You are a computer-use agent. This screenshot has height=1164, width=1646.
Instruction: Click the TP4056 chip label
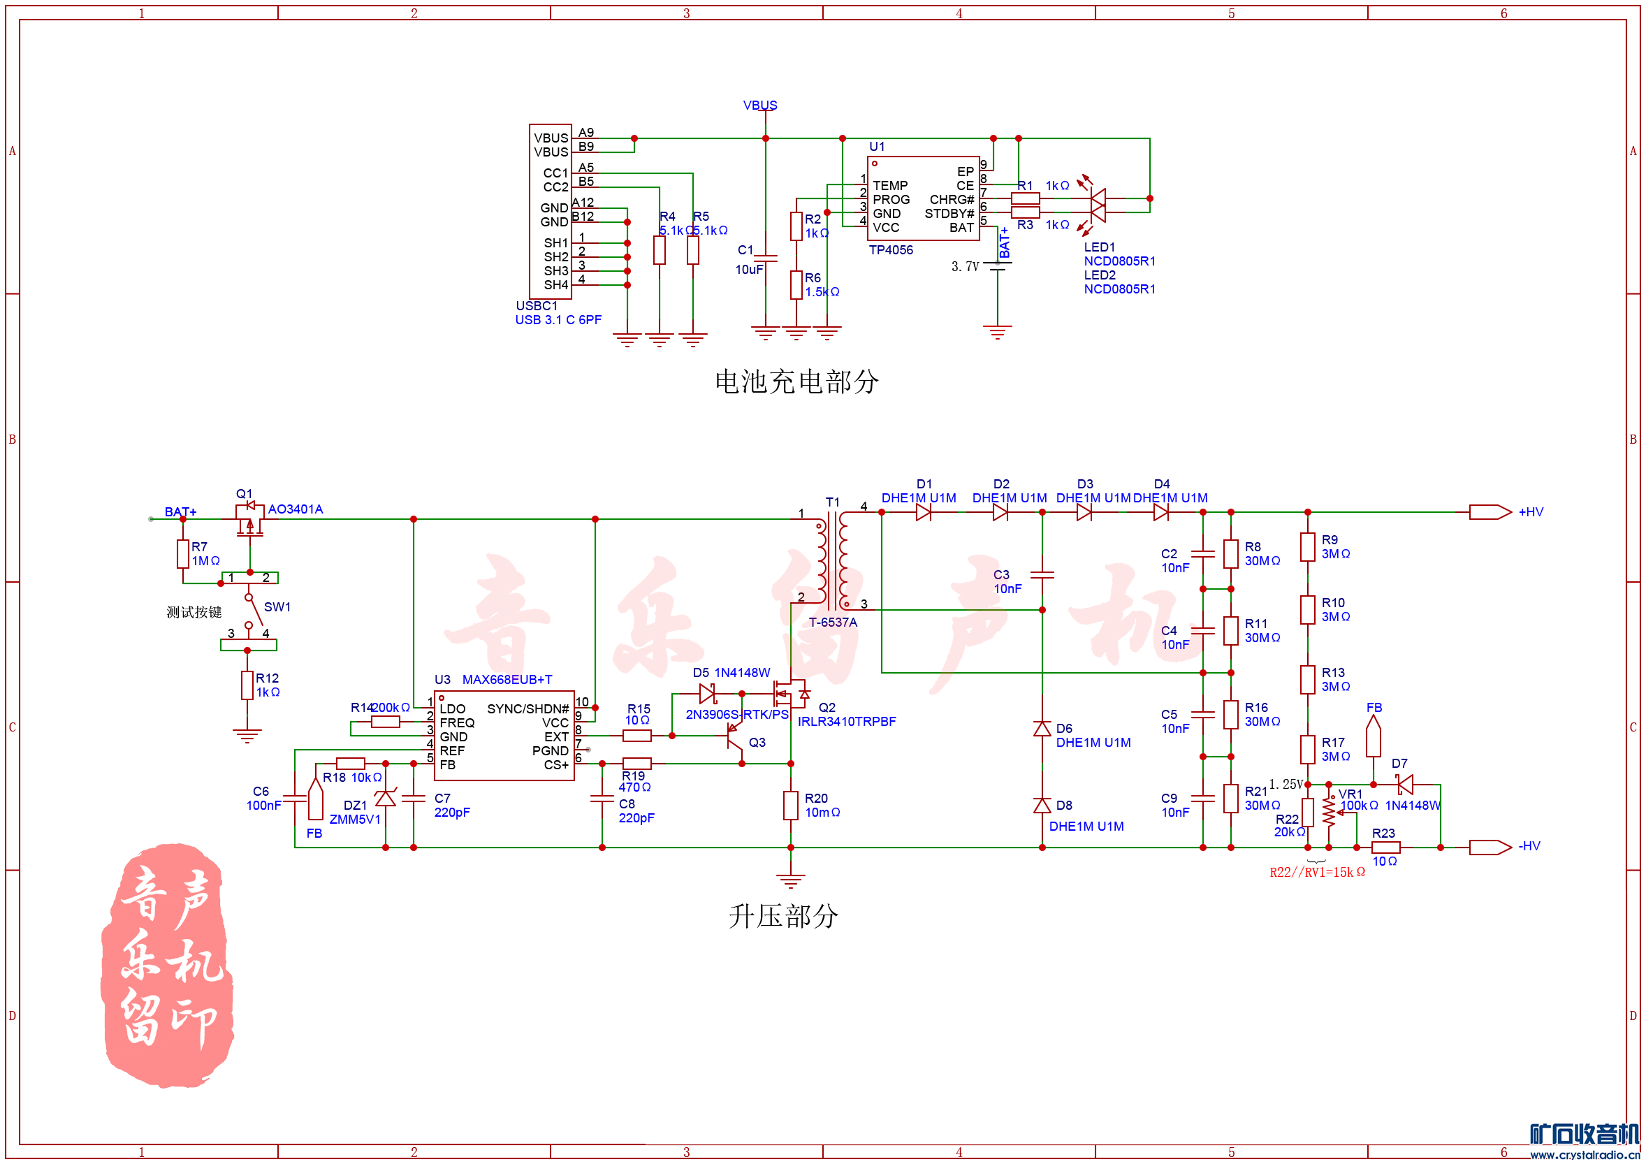click(890, 250)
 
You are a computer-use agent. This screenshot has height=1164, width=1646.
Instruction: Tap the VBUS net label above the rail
click(760, 106)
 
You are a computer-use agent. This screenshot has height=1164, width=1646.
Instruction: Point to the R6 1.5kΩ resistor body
click(796, 285)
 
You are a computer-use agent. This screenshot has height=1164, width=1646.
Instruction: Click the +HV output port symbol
click(1490, 512)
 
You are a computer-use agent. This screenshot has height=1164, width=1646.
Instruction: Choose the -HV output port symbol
click(1490, 847)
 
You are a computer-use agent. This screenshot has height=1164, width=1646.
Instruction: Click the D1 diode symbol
click(924, 512)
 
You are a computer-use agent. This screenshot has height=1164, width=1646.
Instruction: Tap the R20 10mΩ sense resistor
click(791, 806)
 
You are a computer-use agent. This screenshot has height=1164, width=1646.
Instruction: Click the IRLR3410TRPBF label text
click(847, 722)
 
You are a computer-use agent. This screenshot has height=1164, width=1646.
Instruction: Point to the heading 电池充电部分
click(796, 382)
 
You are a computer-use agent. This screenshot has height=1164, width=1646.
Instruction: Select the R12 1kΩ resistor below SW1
click(247, 685)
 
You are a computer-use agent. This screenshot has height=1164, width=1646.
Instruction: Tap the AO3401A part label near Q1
click(296, 509)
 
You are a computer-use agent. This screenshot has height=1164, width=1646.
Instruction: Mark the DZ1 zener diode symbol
click(386, 798)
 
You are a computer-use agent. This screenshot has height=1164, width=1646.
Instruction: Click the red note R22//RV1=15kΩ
click(1317, 872)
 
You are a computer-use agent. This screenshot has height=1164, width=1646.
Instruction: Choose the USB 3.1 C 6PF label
click(558, 320)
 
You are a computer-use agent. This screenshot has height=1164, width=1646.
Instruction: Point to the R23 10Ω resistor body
click(1386, 847)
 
